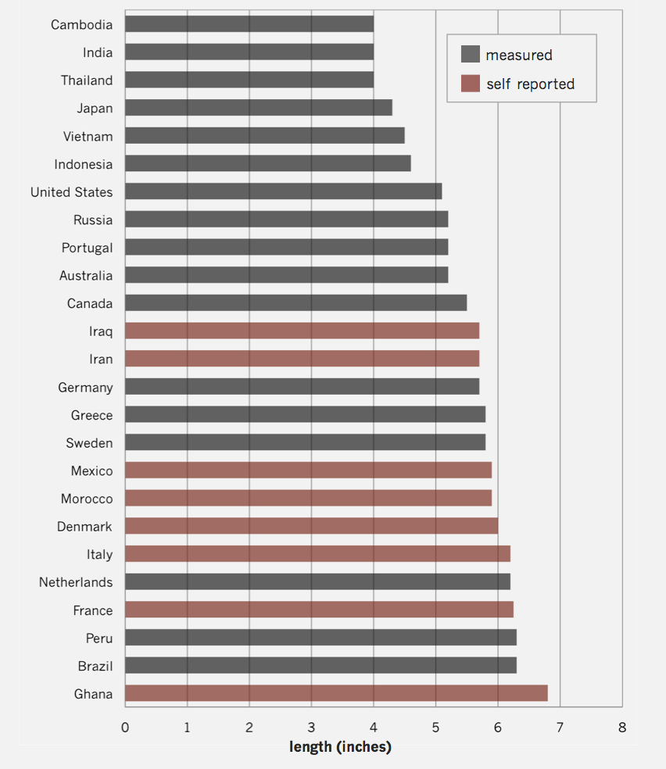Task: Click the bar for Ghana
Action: click(x=336, y=693)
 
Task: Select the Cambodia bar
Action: click(x=249, y=24)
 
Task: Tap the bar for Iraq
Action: click(x=302, y=331)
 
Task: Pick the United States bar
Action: click(x=283, y=191)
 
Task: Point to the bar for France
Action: click(x=319, y=610)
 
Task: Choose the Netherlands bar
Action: click(x=317, y=581)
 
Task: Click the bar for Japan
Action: click(x=259, y=108)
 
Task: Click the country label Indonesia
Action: click(x=83, y=164)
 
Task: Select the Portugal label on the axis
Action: click(x=87, y=248)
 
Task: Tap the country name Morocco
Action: click(x=87, y=499)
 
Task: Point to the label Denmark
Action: click(x=84, y=527)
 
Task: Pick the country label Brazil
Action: click(x=95, y=666)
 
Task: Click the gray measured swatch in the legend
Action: click(x=470, y=55)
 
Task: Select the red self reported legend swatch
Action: click(x=470, y=84)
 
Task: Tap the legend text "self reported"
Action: click(x=530, y=84)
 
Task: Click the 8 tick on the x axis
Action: click(x=621, y=728)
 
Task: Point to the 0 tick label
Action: click(x=125, y=728)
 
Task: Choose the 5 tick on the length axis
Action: click(x=435, y=728)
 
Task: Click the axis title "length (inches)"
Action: click(x=340, y=747)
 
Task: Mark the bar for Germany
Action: click(x=302, y=387)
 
